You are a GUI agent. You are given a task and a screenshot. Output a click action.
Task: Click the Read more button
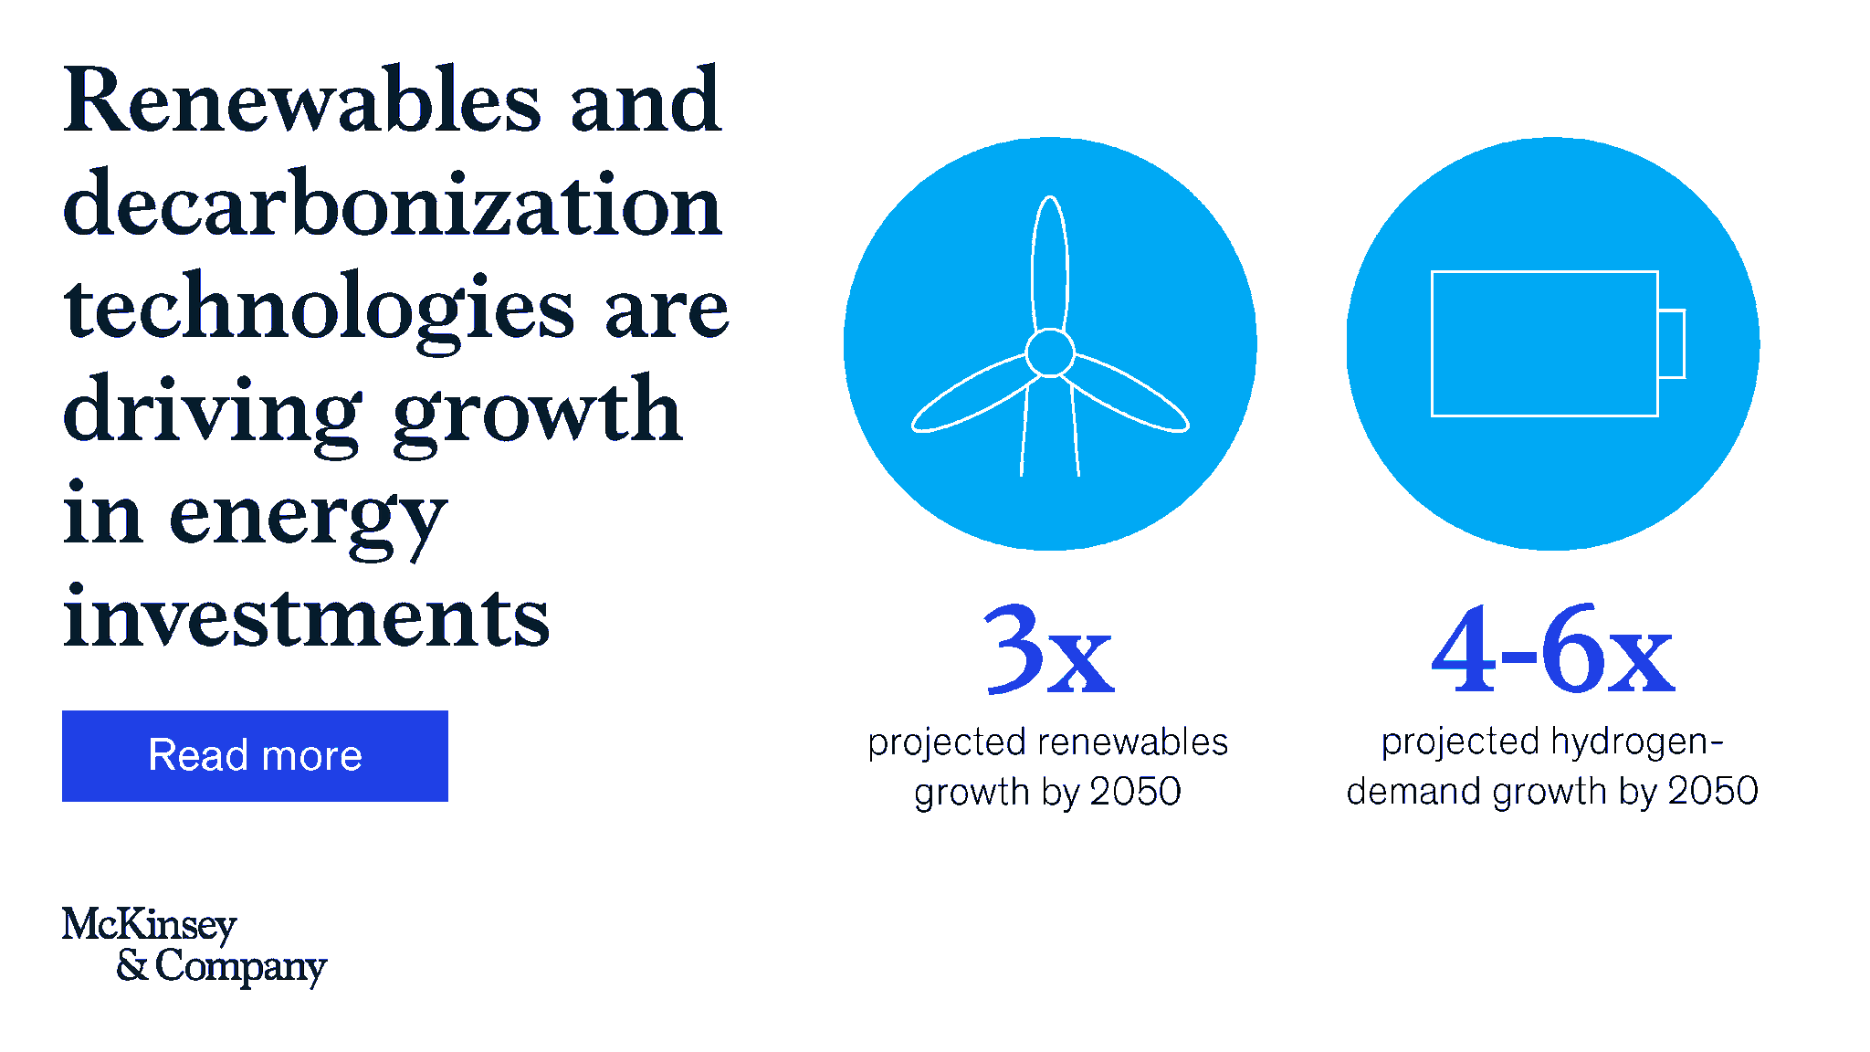(x=255, y=756)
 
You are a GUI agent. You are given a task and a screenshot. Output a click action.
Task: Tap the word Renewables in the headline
(x=302, y=101)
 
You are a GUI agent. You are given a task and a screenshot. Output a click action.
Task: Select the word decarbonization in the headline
(x=393, y=205)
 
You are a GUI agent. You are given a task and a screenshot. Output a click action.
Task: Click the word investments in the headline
(x=307, y=618)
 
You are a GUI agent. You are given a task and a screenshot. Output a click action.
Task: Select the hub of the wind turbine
(x=1050, y=352)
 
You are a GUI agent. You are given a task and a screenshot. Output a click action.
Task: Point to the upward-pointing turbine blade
(x=1050, y=260)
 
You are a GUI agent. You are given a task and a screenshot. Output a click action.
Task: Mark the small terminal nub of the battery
(x=1672, y=344)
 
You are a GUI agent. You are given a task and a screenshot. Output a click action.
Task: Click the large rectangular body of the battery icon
(x=1544, y=343)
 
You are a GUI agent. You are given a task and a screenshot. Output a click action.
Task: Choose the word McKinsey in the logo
(x=150, y=925)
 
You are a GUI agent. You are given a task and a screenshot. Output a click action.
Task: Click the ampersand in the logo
(x=131, y=965)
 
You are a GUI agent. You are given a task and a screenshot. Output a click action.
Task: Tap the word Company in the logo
(x=241, y=967)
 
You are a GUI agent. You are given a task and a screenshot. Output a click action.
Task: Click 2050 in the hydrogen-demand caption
(x=1713, y=791)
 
